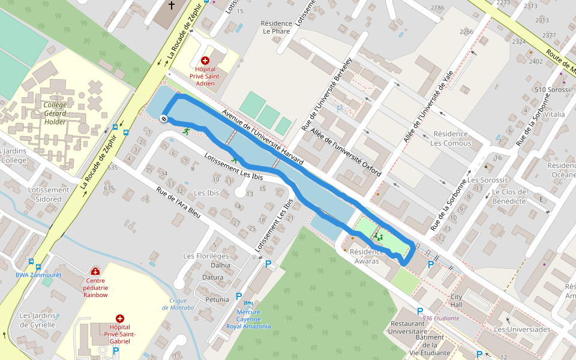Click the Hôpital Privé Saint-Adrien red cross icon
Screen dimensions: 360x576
click(205, 61)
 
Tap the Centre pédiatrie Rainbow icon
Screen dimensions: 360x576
click(95, 271)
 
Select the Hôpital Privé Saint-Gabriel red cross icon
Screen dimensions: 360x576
click(120, 319)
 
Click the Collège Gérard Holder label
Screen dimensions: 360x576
click(55, 113)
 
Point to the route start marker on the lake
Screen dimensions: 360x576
click(163, 119)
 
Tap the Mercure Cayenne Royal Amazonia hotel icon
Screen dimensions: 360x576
click(248, 304)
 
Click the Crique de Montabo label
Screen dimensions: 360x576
click(178, 304)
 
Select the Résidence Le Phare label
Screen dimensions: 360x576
click(276, 28)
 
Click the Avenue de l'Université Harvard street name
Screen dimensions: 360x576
click(263, 137)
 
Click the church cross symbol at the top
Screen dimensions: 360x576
click(172, 6)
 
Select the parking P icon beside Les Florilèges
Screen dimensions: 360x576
click(268, 264)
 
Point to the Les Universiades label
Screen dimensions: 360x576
click(521, 329)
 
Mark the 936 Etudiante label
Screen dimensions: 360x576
click(440, 318)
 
